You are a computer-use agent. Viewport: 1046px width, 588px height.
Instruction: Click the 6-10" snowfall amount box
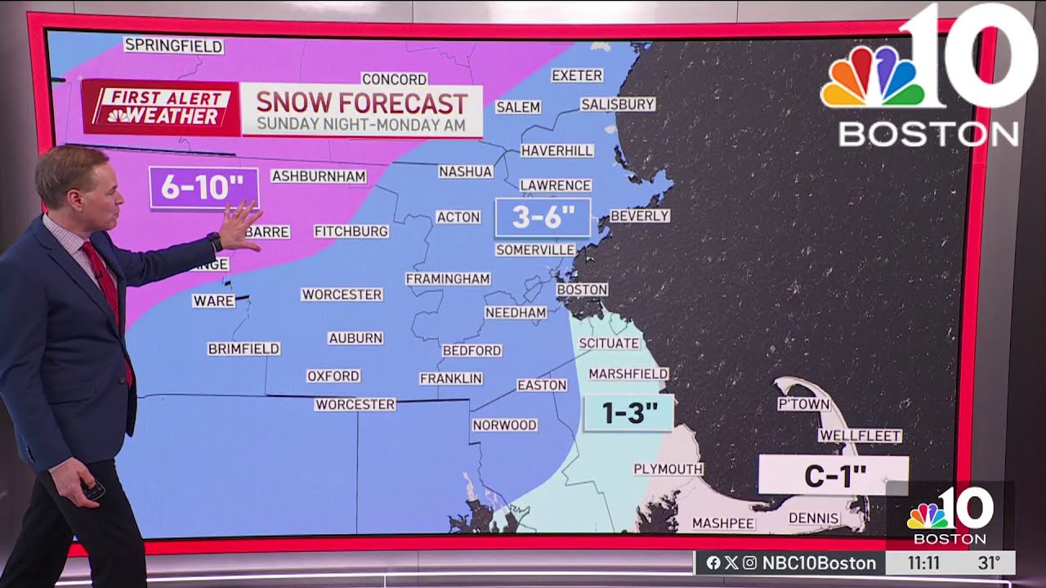203,188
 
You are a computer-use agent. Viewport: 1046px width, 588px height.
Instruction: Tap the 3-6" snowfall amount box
543,217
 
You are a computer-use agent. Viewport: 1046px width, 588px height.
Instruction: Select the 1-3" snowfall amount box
629,413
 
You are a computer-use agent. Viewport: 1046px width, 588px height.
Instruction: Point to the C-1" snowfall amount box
834,476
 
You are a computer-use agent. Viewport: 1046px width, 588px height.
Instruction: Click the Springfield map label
173,46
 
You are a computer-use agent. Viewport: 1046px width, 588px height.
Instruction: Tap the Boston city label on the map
582,289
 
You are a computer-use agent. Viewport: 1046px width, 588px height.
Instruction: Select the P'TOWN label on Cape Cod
803,404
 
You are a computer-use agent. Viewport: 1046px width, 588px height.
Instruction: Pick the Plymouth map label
668,469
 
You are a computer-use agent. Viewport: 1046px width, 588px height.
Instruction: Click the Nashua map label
466,171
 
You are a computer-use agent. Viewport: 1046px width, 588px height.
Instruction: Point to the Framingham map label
448,278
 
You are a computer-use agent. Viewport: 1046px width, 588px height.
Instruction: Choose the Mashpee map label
723,523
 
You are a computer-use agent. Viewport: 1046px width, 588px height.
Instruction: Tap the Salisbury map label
618,104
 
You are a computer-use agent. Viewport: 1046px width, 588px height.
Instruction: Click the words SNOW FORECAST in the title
362,103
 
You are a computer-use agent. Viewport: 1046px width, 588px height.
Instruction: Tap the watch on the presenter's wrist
215,243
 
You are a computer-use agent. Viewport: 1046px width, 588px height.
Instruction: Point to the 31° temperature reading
989,563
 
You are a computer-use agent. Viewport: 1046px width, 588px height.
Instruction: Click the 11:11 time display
923,563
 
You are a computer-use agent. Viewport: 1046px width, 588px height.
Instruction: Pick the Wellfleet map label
860,436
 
